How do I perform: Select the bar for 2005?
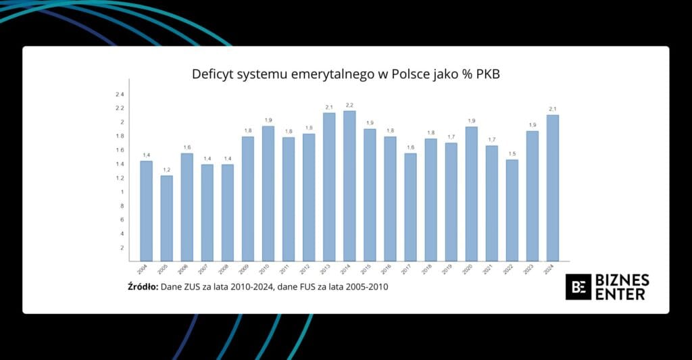[166, 218]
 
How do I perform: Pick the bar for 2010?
[268, 193]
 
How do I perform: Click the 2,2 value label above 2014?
[349, 105]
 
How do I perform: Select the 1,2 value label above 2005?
[166, 170]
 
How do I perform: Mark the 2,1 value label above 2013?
[329, 107]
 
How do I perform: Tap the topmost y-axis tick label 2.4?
[120, 94]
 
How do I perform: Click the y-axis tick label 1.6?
[120, 150]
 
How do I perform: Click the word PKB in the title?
[485, 74]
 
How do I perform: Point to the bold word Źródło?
[143, 287]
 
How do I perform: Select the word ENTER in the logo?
[620, 294]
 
